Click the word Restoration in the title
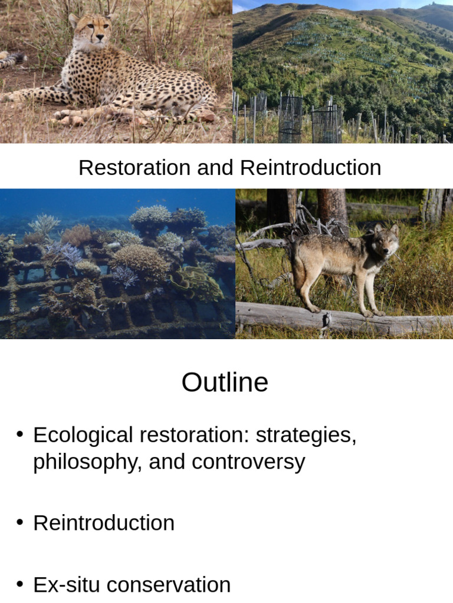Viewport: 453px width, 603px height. click(x=133, y=168)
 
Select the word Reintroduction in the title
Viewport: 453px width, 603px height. click(x=311, y=168)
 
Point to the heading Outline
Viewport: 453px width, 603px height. click(x=225, y=383)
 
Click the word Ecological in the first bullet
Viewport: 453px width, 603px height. click(x=83, y=436)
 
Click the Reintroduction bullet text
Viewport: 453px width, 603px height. click(x=104, y=523)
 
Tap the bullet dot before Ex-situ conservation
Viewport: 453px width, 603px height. click(x=20, y=584)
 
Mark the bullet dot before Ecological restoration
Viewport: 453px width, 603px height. click(x=20, y=435)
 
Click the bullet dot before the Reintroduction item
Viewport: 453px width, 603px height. click(x=20, y=522)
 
